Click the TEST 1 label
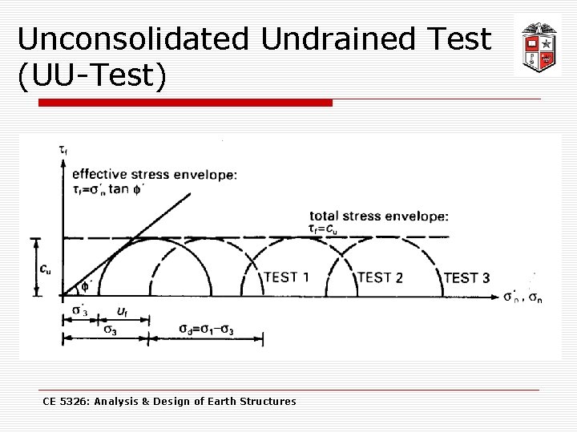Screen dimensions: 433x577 click(x=287, y=277)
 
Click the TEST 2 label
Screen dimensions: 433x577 click(x=380, y=277)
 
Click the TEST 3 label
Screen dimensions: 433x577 click(x=466, y=278)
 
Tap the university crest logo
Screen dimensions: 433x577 click(x=536, y=44)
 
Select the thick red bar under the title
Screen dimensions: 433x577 click(x=174, y=103)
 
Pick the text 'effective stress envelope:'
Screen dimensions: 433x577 click(x=155, y=174)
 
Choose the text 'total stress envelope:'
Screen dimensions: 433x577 click(x=379, y=216)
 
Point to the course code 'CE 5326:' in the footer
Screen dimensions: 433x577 click(x=67, y=401)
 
